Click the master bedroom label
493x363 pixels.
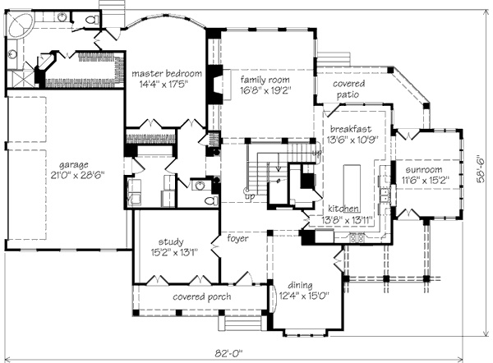(x=167, y=74)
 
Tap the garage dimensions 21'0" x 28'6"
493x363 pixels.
(x=78, y=175)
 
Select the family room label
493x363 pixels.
(x=265, y=80)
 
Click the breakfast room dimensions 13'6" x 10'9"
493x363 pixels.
(x=352, y=140)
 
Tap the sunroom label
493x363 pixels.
(x=424, y=170)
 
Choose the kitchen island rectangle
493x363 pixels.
(x=352, y=185)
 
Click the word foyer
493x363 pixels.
(x=237, y=238)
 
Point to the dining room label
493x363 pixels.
(x=300, y=285)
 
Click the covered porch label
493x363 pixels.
(x=202, y=296)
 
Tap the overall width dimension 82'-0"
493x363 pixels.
(x=229, y=354)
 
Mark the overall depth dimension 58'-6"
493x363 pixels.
(x=481, y=169)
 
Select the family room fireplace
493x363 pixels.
(x=215, y=85)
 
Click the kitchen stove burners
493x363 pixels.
(x=357, y=237)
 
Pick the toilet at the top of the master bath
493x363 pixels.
(x=92, y=20)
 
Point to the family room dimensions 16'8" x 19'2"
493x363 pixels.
(x=266, y=90)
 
